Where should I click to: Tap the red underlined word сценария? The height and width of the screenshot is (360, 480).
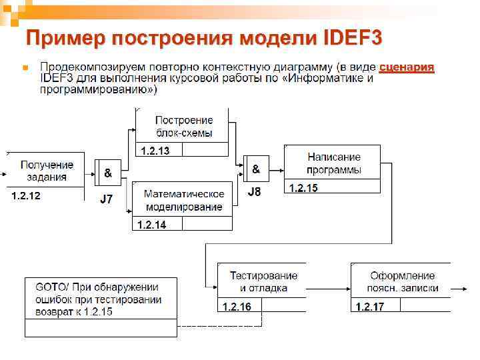pos(407,67)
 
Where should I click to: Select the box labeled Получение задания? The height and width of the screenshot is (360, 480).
pos(47,171)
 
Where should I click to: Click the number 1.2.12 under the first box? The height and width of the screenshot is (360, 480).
pos(26,196)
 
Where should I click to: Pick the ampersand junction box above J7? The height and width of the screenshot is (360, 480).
pos(108,173)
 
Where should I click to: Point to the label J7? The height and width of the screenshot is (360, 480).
pos(107,199)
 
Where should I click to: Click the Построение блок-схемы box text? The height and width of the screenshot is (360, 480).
pos(184,126)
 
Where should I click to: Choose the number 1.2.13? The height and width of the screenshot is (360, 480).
pos(155,151)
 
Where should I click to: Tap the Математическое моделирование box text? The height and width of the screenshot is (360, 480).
pos(184,200)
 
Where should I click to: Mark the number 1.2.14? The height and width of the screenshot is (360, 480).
pos(151,225)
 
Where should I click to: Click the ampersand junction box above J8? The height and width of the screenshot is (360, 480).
pos(256,169)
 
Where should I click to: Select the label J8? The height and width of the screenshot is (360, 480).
pos(255,193)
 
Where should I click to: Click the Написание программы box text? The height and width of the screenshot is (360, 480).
pos(334,163)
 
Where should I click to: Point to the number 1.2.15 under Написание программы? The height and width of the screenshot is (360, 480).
pos(303,189)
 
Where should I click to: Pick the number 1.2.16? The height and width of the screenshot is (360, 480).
pos(237,307)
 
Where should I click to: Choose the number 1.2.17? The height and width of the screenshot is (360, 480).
pos(370,307)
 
